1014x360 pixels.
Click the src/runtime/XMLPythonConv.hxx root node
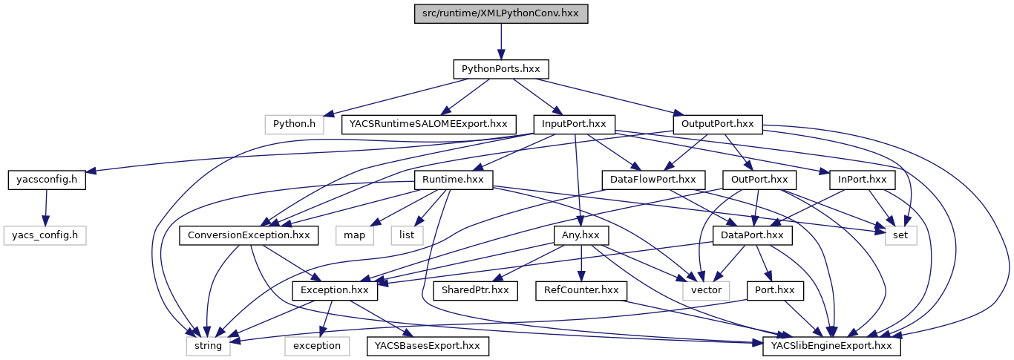pos(500,13)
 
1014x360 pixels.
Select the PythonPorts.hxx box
pos(500,69)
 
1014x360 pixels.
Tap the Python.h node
pos(295,123)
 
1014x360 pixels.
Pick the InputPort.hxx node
pos(574,123)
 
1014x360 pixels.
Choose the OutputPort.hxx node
pos(717,123)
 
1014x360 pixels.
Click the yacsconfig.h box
pos(47,180)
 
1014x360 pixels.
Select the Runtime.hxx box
pos(453,180)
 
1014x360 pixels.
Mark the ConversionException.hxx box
pos(249,236)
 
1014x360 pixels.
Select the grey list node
pos(408,236)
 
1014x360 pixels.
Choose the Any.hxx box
pos(581,236)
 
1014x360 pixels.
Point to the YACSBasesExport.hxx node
pos(427,346)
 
